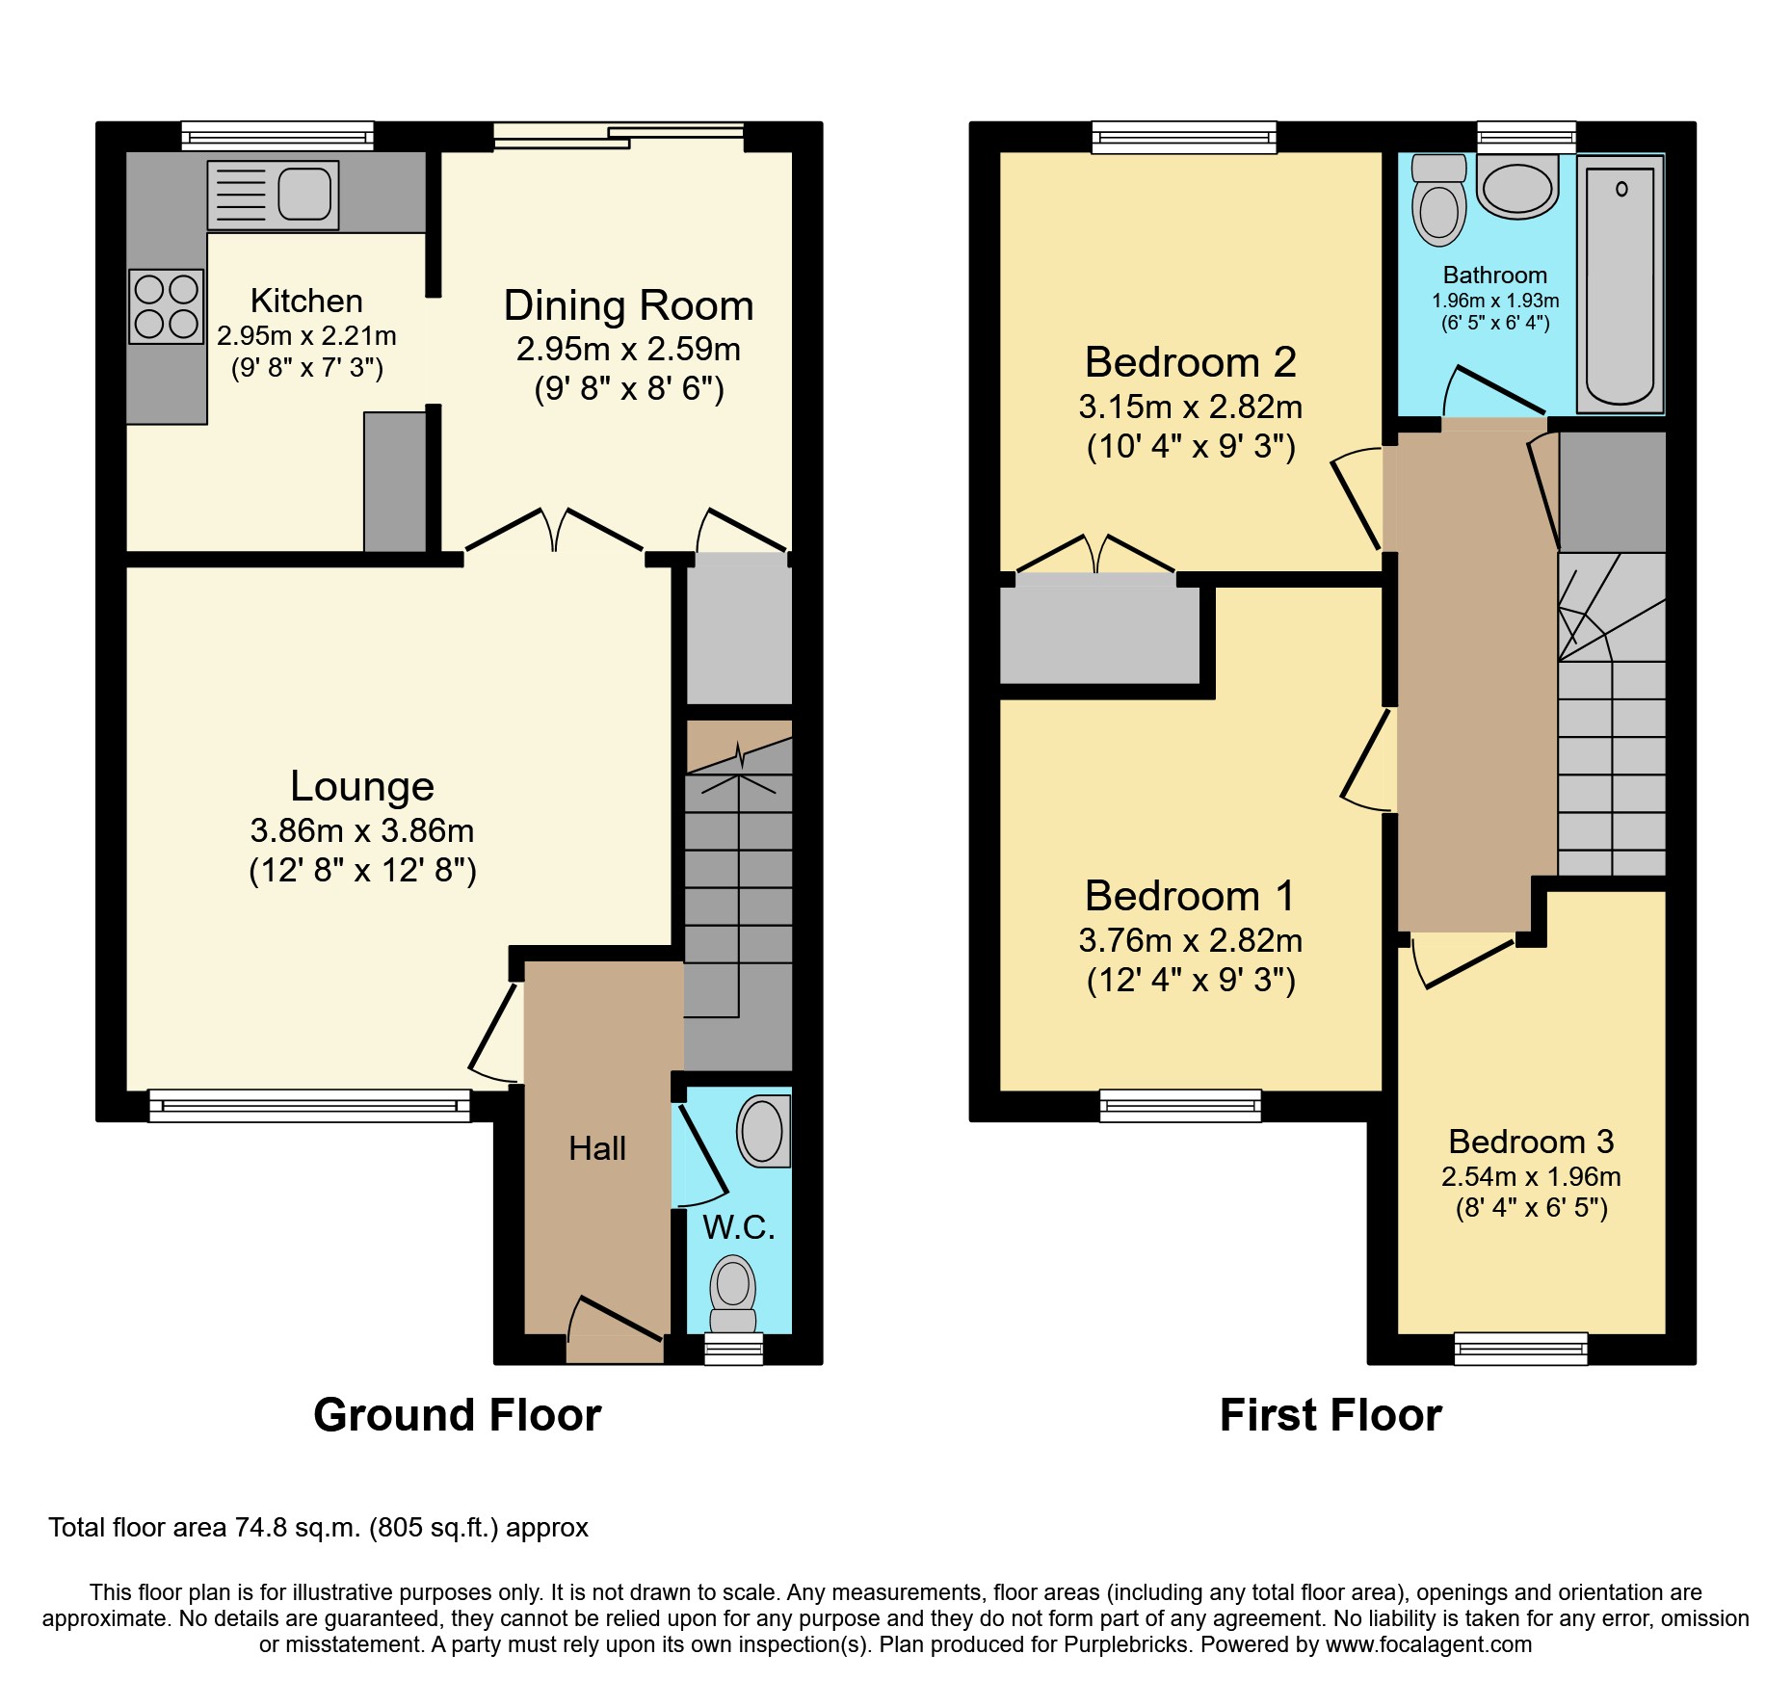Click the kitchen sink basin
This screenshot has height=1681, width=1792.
[304, 193]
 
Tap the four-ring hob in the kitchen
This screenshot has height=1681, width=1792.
[167, 306]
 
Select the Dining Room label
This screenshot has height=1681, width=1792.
[628, 306]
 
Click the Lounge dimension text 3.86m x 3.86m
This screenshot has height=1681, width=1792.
[361, 830]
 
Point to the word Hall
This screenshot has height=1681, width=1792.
[596, 1148]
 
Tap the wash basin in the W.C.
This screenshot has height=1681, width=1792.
[763, 1131]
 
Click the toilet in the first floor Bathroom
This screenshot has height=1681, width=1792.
[1438, 202]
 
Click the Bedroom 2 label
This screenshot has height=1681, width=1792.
[1190, 363]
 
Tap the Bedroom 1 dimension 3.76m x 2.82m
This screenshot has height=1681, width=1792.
[1190, 940]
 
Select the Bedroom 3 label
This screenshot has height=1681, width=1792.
[1531, 1142]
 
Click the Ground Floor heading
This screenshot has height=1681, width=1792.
[457, 1415]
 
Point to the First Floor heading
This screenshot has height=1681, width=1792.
[1331, 1415]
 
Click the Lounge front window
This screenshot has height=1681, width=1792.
[309, 1105]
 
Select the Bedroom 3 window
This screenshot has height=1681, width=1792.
[1520, 1348]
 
